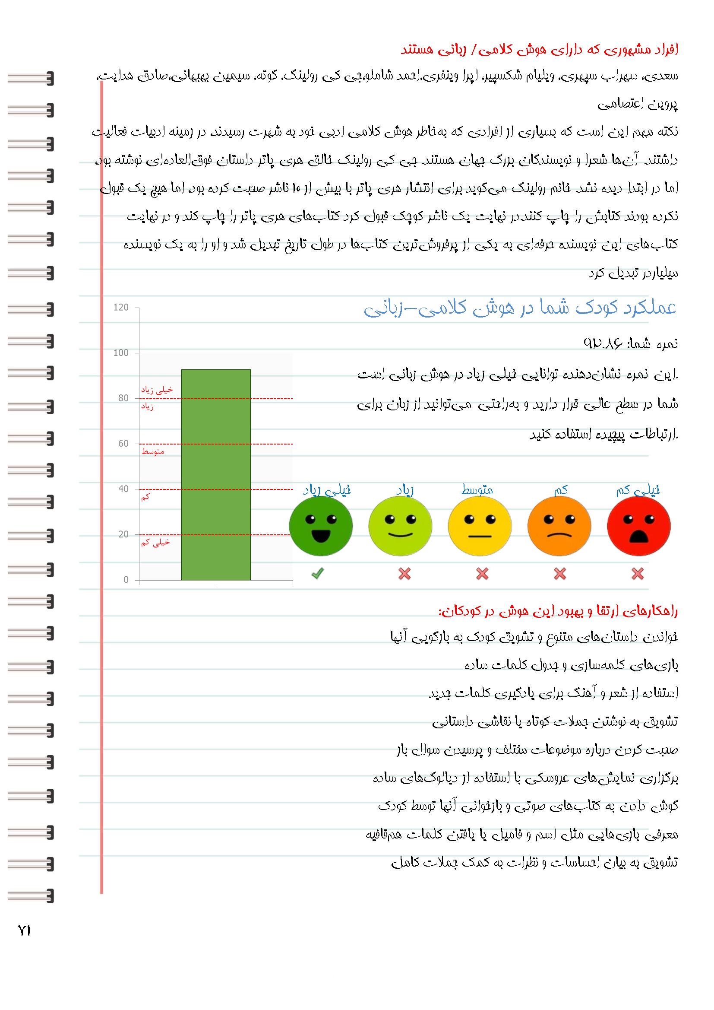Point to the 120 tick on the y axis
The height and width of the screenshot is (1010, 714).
click(x=121, y=308)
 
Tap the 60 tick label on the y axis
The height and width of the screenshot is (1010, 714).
click(x=123, y=443)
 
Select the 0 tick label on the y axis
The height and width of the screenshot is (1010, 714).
click(x=126, y=580)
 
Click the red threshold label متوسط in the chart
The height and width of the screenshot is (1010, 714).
click(x=152, y=452)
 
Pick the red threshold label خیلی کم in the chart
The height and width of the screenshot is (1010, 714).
click(x=155, y=543)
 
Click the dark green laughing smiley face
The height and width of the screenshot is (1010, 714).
click(x=320, y=526)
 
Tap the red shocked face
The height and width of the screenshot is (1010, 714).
click(x=638, y=526)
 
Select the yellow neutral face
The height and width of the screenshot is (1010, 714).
click(x=480, y=526)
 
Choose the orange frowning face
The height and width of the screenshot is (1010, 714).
click(x=559, y=526)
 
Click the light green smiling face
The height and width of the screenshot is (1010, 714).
click(x=400, y=526)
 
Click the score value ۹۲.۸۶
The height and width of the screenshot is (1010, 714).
click(x=603, y=343)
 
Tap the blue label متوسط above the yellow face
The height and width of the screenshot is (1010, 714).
click(x=477, y=489)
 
